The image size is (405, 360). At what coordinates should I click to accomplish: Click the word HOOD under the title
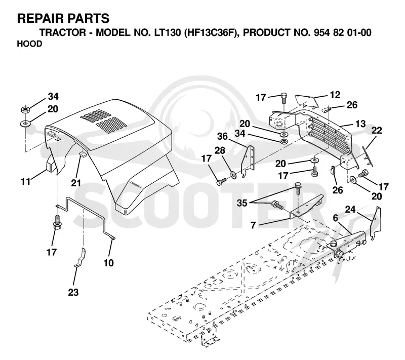[29, 44]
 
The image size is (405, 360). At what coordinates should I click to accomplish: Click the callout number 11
[26, 182]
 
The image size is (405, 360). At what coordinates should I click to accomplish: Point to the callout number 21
[76, 183]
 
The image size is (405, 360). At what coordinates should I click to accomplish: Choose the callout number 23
[73, 293]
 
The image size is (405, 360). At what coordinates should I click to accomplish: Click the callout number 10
[108, 263]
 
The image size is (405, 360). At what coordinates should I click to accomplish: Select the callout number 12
[335, 95]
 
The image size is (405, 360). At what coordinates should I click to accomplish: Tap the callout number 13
[360, 124]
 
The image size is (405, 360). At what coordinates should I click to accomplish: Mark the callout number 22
[377, 131]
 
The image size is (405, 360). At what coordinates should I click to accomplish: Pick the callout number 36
[222, 136]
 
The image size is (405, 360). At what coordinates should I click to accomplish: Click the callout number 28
[220, 150]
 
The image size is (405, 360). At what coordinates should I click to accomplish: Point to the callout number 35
[242, 203]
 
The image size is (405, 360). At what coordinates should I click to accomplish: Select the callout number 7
[253, 225]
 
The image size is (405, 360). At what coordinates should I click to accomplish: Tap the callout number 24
[350, 210]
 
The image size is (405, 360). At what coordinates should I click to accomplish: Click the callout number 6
[335, 218]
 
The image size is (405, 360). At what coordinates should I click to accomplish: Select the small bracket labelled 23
[80, 258]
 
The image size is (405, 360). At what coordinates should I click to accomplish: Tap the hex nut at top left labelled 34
[25, 109]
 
